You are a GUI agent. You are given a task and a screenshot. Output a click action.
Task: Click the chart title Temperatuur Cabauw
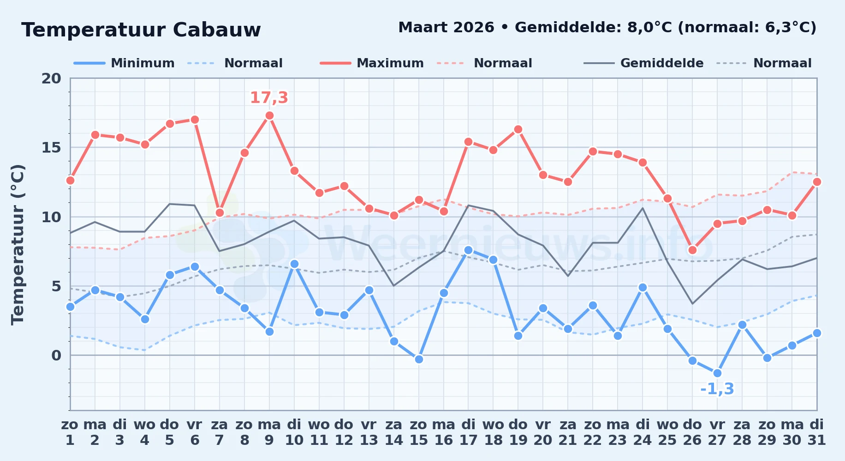(x=141, y=30)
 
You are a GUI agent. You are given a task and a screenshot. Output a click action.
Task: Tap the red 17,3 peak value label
(x=269, y=98)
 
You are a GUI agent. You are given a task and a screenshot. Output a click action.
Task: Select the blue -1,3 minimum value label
(x=717, y=389)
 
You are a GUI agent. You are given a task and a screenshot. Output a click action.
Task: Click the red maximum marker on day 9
(x=269, y=116)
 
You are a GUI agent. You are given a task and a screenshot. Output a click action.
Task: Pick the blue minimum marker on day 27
(x=717, y=373)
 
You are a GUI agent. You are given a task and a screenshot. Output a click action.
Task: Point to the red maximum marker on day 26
(x=692, y=250)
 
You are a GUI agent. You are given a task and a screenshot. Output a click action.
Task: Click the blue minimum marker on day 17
(x=468, y=250)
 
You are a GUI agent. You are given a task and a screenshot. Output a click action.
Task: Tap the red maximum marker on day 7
(x=220, y=213)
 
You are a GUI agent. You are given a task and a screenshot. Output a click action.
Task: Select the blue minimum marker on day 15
(x=419, y=359)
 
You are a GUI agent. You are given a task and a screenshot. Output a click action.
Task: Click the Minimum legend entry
(x=124, y=63)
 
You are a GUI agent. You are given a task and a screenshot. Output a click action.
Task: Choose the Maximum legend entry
(x=372, y=63)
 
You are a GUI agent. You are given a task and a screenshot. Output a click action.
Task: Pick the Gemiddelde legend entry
(x=644, y=63)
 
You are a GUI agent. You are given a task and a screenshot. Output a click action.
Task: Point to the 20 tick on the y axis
(x=51, y=78)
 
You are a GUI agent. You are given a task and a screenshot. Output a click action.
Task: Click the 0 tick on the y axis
(x=56, y=355)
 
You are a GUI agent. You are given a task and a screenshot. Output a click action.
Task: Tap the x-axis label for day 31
(x=817, y=432)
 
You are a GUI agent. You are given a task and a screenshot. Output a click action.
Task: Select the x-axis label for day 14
(x=394, y=432)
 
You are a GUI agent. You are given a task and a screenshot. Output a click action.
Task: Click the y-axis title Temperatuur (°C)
(x=18, y=244)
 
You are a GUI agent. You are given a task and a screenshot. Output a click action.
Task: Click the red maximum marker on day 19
(x=518, y=130)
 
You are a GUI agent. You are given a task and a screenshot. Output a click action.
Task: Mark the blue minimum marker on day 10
(x=294, y=264)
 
